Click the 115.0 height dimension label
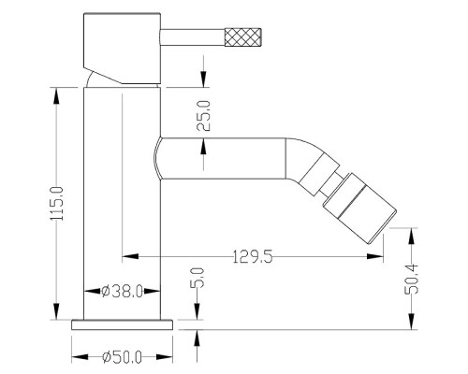pos(57,204)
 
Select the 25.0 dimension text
pos(204,116)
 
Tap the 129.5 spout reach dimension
pos(253,257)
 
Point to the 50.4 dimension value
pos(411,279)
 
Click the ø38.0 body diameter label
pos(122,292)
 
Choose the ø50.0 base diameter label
pos(122,357)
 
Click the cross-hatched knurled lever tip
pos(242,37)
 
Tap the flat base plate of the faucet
pos(122,324)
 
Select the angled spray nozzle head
pos(359,208)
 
